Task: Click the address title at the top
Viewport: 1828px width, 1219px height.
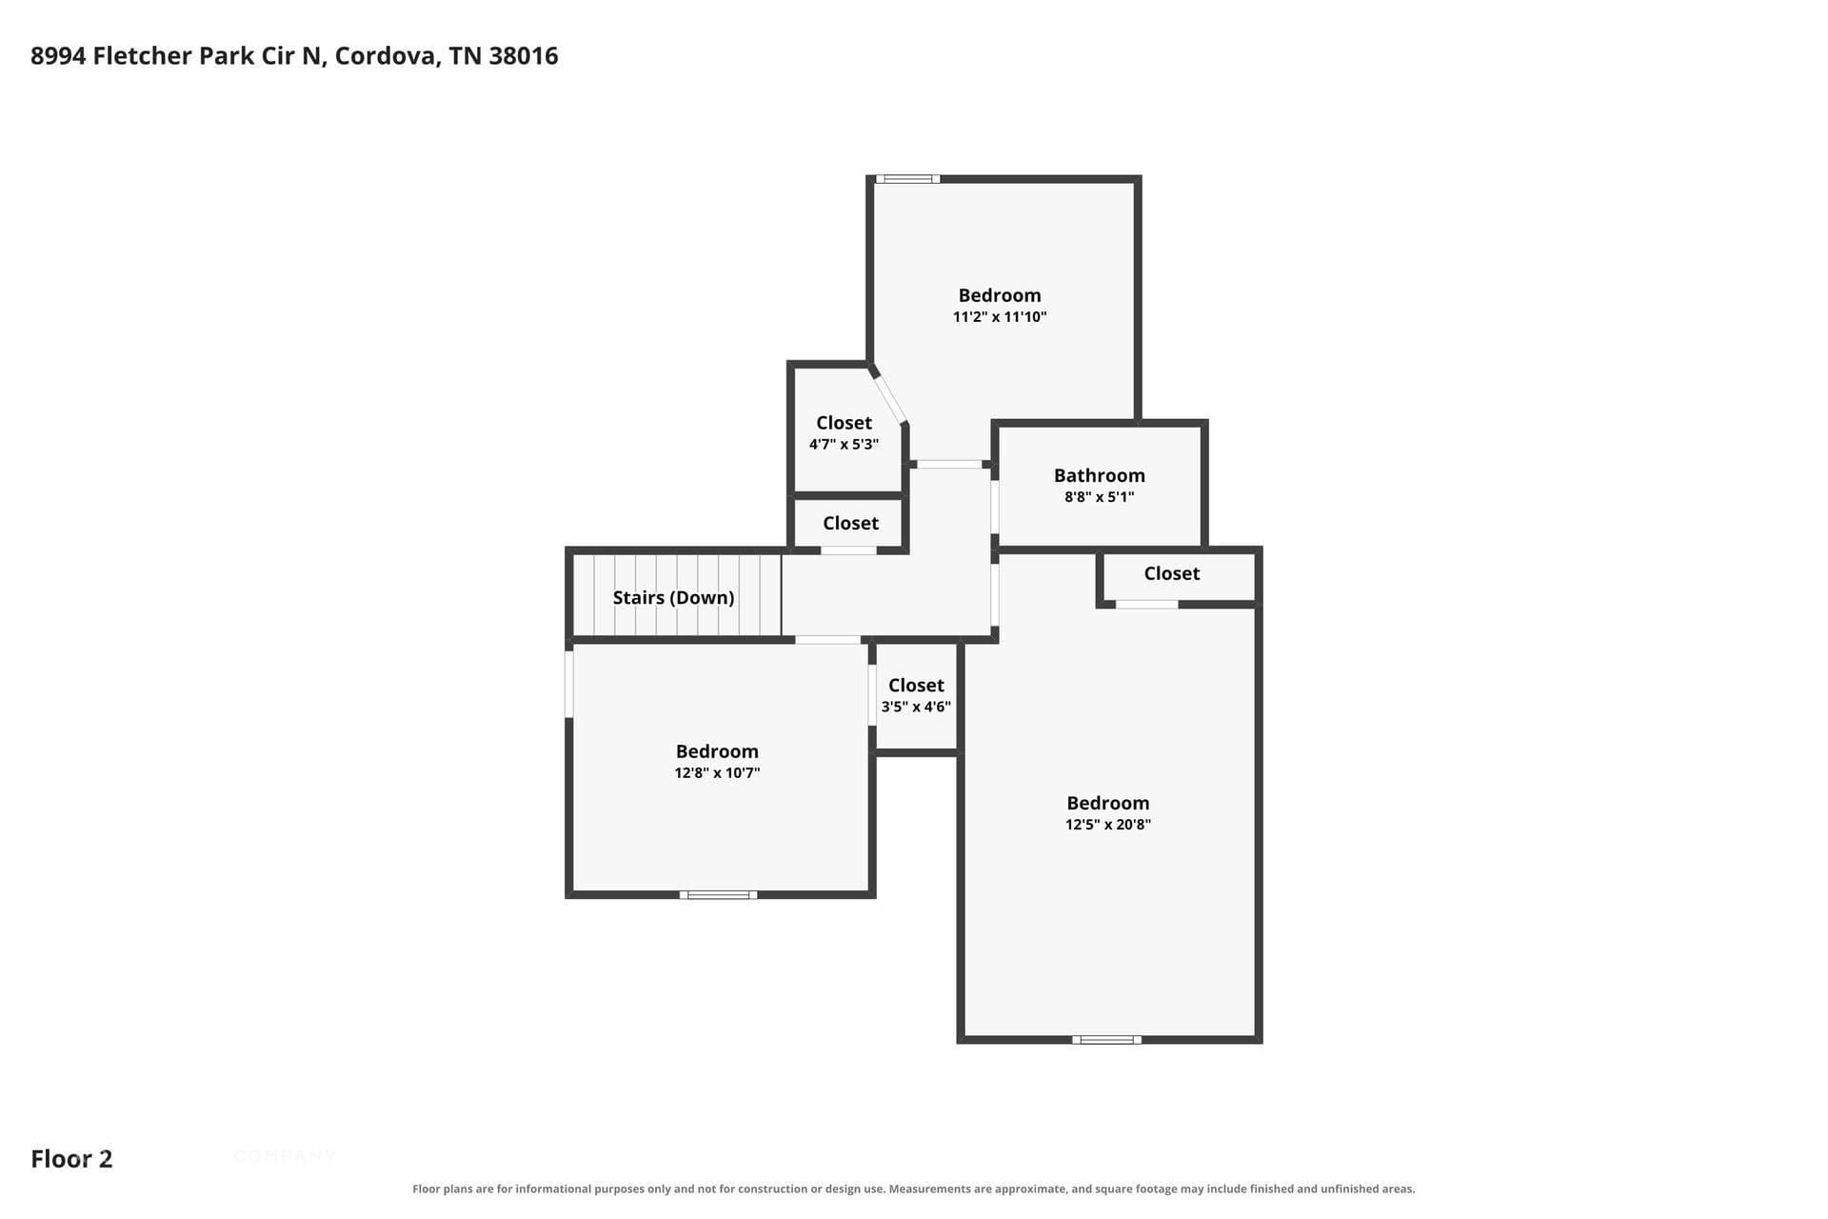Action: [294, 56]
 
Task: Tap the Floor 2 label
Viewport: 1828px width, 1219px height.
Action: [71, 1159]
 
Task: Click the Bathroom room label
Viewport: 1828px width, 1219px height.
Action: [1100, 475]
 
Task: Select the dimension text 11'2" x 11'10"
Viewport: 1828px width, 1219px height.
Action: [1000, 317]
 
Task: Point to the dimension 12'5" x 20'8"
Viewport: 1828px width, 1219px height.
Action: [1108, 825]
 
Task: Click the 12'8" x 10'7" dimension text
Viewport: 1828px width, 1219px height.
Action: [717, 773]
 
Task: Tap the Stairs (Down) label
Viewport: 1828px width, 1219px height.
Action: [673, 598]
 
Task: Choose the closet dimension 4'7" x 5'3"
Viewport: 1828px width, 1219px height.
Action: [844, 445]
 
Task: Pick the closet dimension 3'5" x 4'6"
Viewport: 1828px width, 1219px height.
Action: [916, 707]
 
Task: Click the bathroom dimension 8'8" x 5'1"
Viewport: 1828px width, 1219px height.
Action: [1100, 497]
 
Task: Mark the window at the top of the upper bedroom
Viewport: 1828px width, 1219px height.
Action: [907, 179]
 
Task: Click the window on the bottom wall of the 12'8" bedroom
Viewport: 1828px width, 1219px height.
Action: [719, 894]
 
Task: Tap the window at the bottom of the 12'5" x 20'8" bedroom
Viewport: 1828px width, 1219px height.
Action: [1106, 1039]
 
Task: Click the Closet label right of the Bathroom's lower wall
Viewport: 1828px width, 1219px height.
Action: [1172, 573]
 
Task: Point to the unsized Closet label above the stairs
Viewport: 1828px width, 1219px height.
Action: [850, 523]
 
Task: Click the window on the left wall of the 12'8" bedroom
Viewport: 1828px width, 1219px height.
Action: [569, 684]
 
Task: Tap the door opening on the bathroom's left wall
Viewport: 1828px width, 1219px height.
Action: [995, 508]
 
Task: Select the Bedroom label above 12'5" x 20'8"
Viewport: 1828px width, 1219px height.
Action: [1108, 803]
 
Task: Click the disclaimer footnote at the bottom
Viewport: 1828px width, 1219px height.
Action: [914, 1189]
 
